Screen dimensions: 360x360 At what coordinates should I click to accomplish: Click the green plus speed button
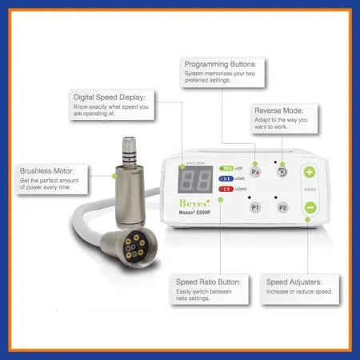(x=310, y=171)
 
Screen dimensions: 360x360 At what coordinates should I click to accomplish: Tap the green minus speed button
(x=310, y=207)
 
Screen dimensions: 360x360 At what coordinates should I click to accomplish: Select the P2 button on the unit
(x=282, y=207)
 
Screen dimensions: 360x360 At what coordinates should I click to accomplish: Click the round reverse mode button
(x=282, y=170)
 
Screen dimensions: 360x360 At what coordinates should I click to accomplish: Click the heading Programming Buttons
(x=221, y=64)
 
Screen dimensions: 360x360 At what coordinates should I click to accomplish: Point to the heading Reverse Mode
(x=278, y=110)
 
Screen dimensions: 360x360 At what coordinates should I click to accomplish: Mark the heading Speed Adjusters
(x=293, y=281)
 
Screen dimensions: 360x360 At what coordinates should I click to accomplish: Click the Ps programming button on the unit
(x=256, y=171)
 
